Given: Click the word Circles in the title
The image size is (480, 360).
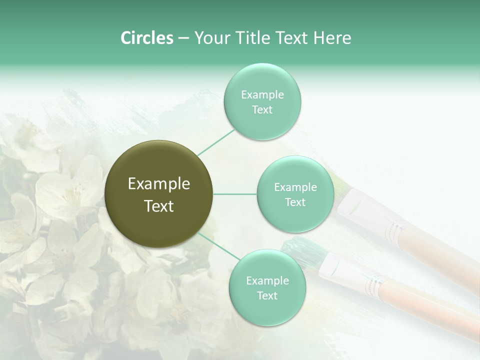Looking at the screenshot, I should [146, 38].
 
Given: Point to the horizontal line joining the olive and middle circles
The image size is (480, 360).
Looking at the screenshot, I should [235, 194].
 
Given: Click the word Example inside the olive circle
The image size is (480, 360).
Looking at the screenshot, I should [159, 184].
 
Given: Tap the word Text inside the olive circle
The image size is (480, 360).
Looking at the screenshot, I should [159, 206].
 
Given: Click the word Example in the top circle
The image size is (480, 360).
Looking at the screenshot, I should [262, 95].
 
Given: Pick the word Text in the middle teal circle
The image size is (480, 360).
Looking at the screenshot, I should [295, 202].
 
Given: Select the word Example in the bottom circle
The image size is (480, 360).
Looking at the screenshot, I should [267, 281].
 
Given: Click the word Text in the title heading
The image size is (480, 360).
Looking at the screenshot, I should [291, 38].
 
